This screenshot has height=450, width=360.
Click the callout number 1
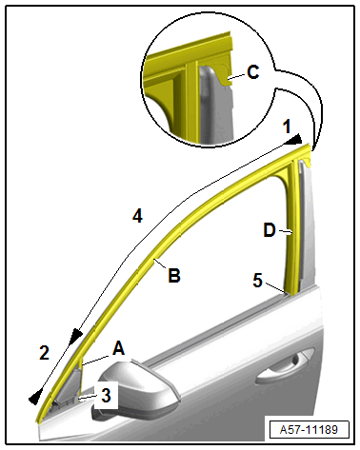click(x=287, y=127)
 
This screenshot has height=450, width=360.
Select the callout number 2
click(x=44, y=352)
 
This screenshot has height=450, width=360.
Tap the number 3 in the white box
click(x=106, y=396)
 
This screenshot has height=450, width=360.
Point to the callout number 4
click(x=137, y=217)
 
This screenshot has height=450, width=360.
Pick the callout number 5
click(x=258, y=281)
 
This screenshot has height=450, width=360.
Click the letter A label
click(x=119, y=348)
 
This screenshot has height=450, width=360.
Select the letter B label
click(x=174, y=275)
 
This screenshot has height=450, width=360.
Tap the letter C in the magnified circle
click(x=253, y=72)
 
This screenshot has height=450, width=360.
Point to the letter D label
click(x=270, y=230)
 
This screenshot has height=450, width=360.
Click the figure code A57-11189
click(x=309, y=430)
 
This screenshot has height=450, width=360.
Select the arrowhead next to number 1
click(x=293, y=140)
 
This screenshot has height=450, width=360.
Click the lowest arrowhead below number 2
click(x=35, y=397)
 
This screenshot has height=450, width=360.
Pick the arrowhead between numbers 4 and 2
click(x=76, y=336)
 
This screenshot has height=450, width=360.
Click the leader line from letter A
click(x=96, y=361)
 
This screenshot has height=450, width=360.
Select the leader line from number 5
click(x=276, y=288)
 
